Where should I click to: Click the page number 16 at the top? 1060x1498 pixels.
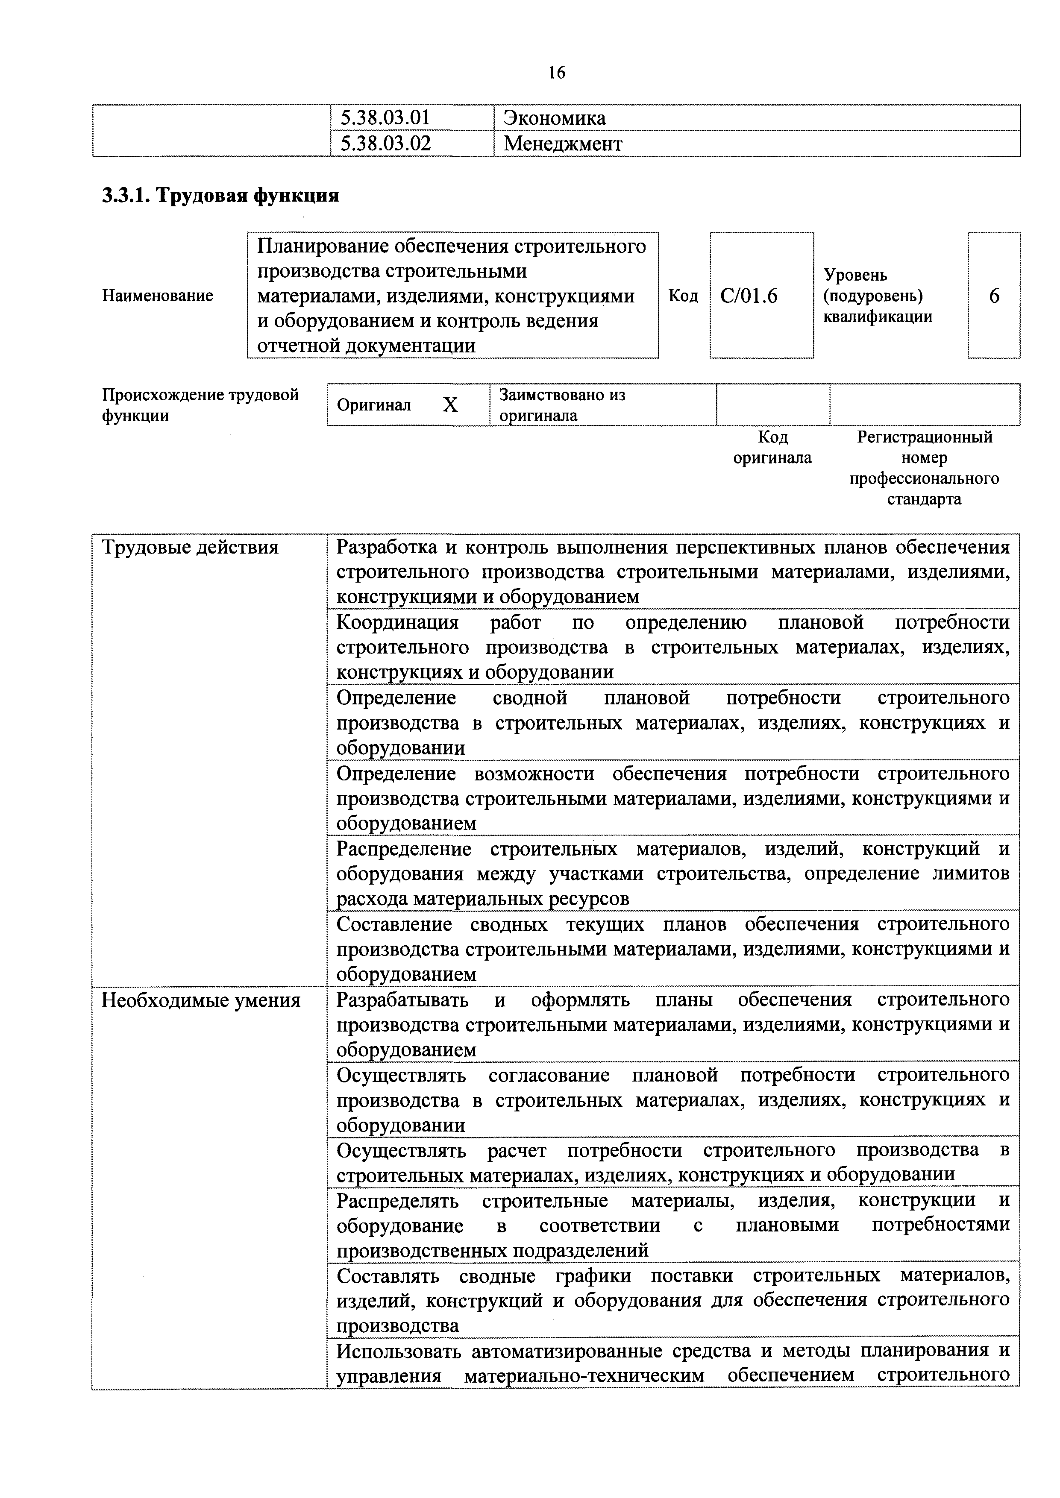click(557, 73)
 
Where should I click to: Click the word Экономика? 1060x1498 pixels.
click(555, 118)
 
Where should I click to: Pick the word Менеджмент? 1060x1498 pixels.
click(563, 144)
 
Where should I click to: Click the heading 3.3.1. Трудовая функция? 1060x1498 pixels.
click(220, 195)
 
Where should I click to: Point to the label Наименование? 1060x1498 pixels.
click(157, 296)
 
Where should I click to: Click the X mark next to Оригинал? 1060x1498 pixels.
click(450, 405)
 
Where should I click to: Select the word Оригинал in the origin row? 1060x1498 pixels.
click(374, 405)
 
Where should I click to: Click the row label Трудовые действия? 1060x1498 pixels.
click(190, 547)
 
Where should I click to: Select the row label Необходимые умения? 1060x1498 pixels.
click(201, 1000)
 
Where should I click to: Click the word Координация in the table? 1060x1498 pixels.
click(397, 622)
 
